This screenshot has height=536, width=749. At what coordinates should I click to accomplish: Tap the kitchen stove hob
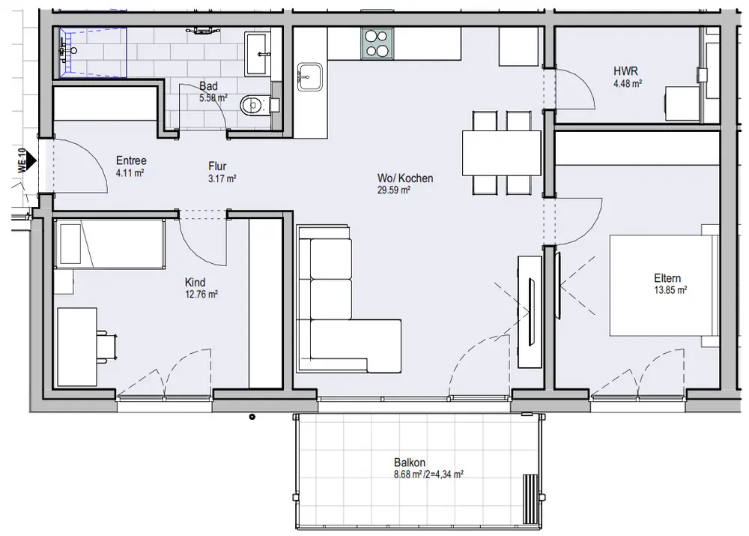point(377,43)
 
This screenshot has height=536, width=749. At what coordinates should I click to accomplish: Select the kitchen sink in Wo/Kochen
point(309,76)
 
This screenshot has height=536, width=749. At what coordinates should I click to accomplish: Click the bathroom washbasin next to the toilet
point(257,53)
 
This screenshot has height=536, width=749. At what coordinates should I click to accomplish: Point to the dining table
point(502,153)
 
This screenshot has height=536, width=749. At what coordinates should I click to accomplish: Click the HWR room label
point(625,71)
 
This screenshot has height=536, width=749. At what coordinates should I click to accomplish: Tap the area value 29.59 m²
point(394,190)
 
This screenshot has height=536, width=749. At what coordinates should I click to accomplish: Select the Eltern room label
point(667,278)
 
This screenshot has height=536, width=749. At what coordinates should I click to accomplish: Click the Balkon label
point(410,463)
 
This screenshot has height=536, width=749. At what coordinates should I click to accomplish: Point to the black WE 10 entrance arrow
point(31,160)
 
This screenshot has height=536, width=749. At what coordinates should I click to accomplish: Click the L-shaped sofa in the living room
point(349,299)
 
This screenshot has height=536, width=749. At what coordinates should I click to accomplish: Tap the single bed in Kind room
point(109,244)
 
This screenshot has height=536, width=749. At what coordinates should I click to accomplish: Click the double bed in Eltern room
point(664,286)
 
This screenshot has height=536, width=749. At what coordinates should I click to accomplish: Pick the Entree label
point(131,160)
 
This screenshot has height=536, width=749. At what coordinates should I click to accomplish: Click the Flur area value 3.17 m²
point(222,179)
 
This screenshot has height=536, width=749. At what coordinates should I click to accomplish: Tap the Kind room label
point(195,282)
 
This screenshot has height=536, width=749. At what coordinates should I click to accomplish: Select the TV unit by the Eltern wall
point(530,312)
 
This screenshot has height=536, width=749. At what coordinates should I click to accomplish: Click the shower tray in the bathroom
point(93,52)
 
